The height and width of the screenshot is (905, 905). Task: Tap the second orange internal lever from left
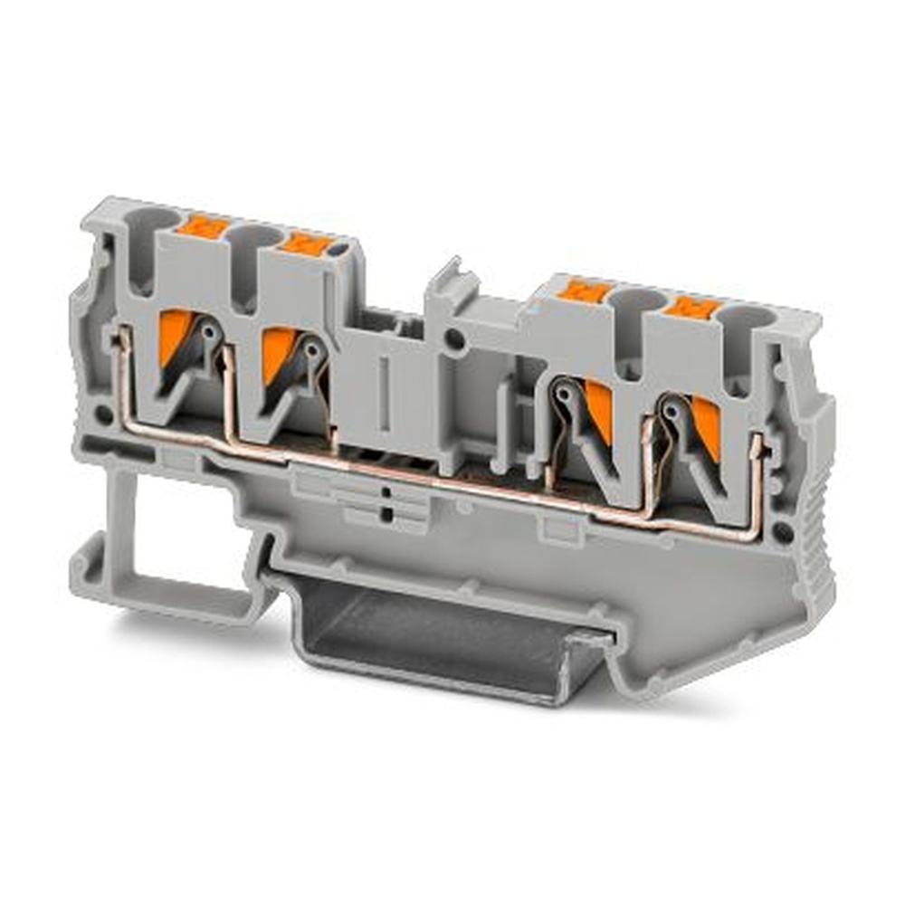point(278,354)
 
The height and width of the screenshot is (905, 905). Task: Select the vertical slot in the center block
point(386,390)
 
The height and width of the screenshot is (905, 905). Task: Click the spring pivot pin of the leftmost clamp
point(211,332)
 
